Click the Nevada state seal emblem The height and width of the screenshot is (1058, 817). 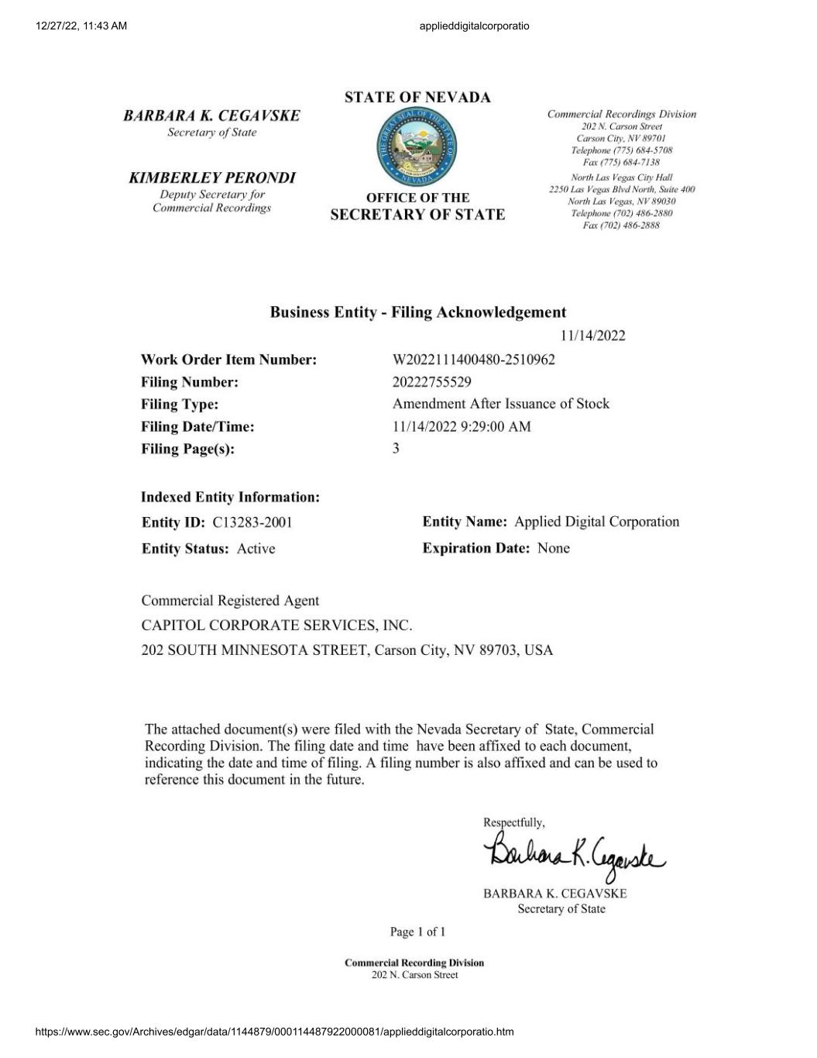pos(417,146)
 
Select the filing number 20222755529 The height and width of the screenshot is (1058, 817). pos(431,382)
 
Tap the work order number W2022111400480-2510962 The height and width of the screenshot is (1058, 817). pos(473,360)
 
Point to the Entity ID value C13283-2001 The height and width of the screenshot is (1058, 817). pos(252,522)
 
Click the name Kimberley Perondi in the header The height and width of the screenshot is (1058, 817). pos(212,178)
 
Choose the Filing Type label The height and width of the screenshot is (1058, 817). pos(180,405)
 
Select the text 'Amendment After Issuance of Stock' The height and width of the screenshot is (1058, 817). pos(500,404)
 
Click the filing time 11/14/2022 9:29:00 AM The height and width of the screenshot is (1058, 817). pos(462,426)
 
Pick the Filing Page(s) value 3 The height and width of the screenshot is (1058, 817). pos(396,448)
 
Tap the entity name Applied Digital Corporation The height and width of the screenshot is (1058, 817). pos(596,522)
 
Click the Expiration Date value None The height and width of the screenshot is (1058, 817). pos(553,548)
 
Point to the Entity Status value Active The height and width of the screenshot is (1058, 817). pos(256,549)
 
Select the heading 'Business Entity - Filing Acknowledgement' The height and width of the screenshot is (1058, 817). pos(417,312)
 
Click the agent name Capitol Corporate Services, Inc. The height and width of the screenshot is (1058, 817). pos(276,625)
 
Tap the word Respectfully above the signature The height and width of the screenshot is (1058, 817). pos(513,822)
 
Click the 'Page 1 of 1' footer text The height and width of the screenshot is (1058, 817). pos(417,932)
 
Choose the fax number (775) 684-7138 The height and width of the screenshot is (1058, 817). pos(621,162)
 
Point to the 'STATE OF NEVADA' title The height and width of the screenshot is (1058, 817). pos(417,98)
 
